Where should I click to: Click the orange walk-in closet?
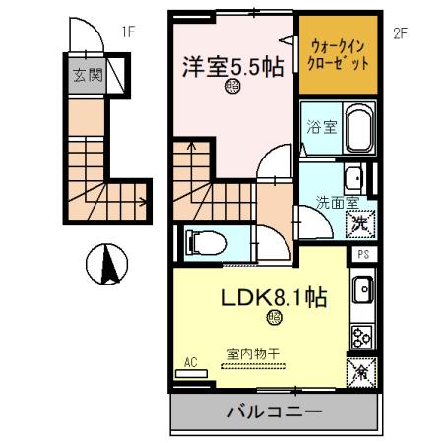(x=336, y=55)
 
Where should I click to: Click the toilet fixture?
(x=206, y=240)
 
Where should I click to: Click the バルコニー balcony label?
(x=274, y=412)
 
